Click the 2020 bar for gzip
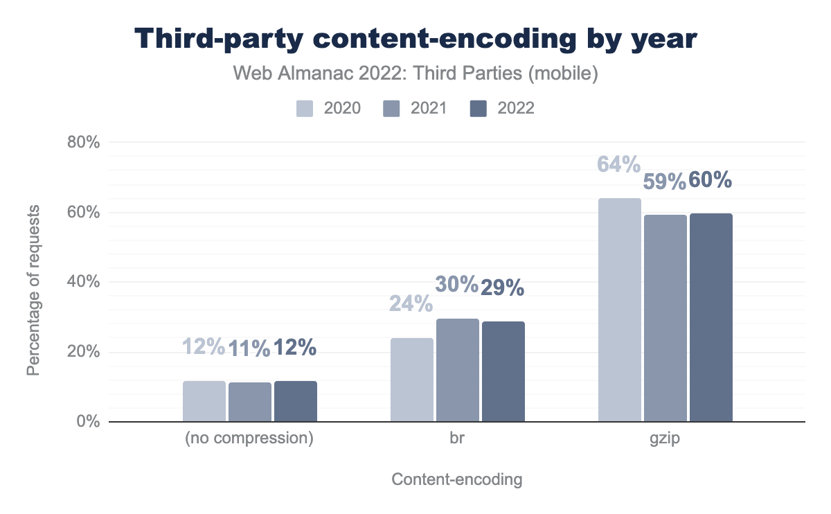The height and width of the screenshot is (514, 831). coord(619,310)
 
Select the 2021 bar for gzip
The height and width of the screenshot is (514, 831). coord(665,318)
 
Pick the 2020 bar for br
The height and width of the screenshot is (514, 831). coord(411,380)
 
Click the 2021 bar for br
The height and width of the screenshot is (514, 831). coord(457,370)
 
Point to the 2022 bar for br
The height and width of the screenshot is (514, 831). coord(503,371)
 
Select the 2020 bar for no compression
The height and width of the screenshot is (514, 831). coord(204,401)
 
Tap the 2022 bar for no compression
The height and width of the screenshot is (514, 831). coord(295,401)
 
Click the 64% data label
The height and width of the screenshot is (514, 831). coord(618,165)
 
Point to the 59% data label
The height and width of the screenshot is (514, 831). coord(665,181)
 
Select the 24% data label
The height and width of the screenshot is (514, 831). coord(411,304)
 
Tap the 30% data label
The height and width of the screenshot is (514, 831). coord(457,285)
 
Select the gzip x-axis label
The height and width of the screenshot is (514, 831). coord(665,439)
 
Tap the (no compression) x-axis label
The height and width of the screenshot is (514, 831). coord(249,439)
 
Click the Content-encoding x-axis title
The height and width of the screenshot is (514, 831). coord(456,479)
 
